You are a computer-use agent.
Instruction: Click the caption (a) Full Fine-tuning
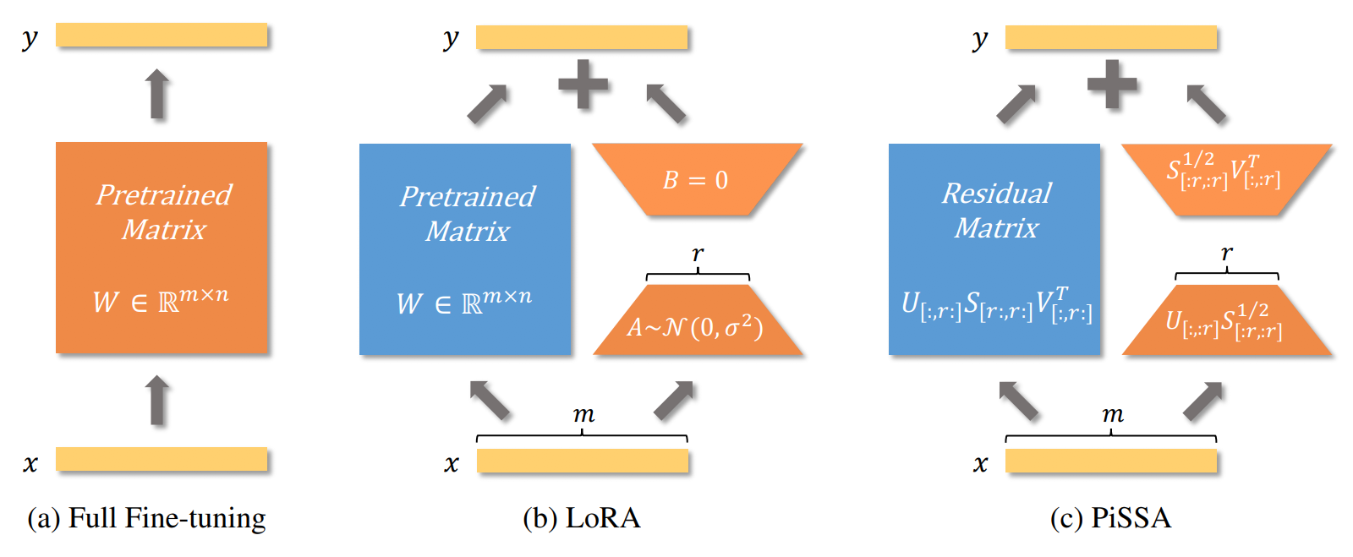coord(147,518)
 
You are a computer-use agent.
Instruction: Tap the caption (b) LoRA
coord(582,518)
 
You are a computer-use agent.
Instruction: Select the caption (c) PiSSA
coord(1111,518)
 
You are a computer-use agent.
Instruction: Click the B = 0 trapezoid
coord(698,179)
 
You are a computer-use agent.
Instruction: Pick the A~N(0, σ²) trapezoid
coord(698,319)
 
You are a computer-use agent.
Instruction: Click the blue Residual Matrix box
coord(994,249)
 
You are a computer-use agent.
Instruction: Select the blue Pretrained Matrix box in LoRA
coord(465,249)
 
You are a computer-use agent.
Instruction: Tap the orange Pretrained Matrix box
coord(162,248)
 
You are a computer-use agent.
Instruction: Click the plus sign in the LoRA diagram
coord(583,84)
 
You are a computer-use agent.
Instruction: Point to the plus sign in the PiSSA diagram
coord(1112,84)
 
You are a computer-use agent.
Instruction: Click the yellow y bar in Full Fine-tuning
coord(162,35)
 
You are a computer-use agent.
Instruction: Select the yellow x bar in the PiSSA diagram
coord(1111,461)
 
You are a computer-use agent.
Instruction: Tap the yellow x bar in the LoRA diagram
coord(583,461)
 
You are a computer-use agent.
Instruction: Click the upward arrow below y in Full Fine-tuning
coord(157,94)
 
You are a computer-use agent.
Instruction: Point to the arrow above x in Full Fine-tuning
coord(157,400)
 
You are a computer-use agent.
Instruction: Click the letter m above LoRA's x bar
coord(583,415)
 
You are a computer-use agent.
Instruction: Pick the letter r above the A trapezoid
coord(698,254)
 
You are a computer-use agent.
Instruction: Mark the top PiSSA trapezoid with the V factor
coord(1227,179)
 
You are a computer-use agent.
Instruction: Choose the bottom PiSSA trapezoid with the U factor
coord(1227,319)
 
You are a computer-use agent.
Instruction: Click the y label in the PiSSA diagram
coord(980,39)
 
